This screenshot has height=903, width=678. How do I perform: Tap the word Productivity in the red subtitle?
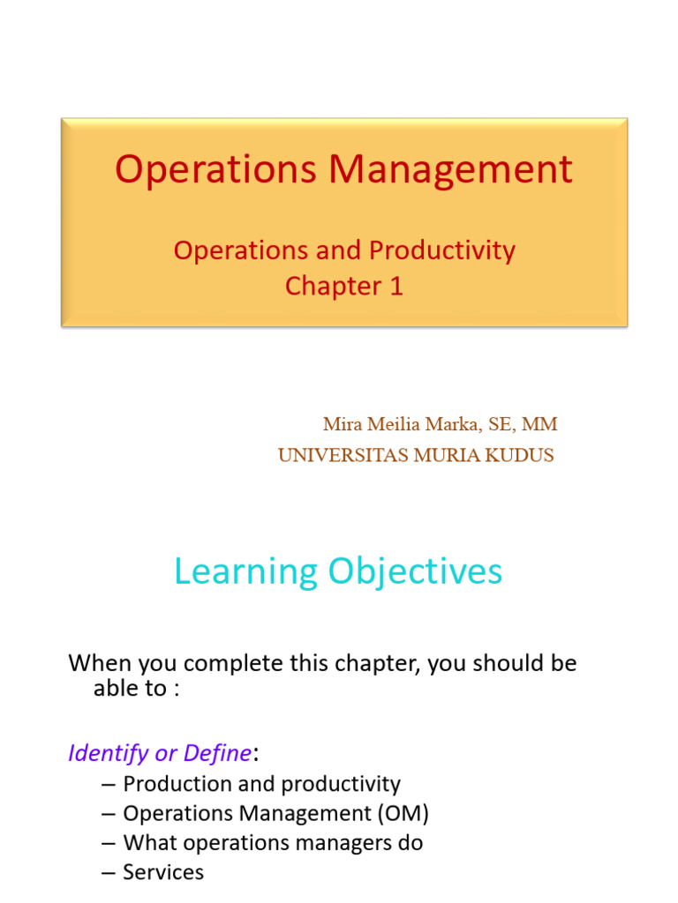click(442, 250)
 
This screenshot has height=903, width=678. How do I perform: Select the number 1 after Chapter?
click(396, 287)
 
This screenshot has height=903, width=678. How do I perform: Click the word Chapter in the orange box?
click(336, 287)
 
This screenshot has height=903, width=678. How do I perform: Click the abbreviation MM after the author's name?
click(539, 424)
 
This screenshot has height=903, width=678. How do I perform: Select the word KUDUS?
click(523, 456)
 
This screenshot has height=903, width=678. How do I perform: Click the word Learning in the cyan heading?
click(245, 571)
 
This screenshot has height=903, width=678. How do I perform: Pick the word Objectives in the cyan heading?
click(416, 571)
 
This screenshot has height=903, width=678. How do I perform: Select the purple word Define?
click(217, 754)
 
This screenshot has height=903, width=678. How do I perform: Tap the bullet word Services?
click(163, 873)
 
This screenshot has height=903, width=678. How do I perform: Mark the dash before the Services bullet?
click(109, 873)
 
